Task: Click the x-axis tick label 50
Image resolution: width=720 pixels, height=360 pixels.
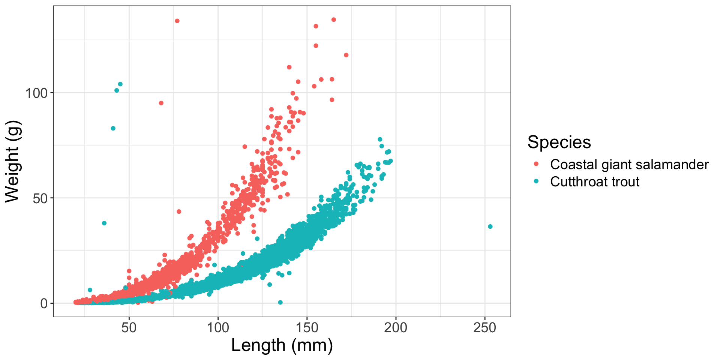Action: tap(129, 328)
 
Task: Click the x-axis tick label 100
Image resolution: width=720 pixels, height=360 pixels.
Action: tap(218, 328)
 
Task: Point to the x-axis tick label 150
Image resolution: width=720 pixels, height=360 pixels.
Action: tap(307, 328)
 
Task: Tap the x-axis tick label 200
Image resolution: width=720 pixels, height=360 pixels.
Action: tap(396, 328)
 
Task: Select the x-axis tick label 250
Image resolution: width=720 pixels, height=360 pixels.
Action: tap(484, 328)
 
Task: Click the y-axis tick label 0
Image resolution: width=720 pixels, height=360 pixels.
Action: tap(44, 303)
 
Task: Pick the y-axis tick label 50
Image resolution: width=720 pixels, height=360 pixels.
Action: tap(40, 198)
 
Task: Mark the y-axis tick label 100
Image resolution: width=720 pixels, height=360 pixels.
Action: tap(36, 93)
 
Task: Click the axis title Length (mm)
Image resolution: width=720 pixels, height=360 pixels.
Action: tap(282, 345)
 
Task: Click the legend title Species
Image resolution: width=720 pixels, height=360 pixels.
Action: tap(559, 142)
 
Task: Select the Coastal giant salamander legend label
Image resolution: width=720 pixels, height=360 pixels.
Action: tap(629, 165)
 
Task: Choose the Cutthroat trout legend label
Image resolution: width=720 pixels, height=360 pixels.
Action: tap(594, 182)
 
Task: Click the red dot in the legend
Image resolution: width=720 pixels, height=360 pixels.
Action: tap(536, 164)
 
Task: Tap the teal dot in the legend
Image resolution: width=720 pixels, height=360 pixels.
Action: tap(536, 181)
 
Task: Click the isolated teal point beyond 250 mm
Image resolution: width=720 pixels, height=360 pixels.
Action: tap(490, 226)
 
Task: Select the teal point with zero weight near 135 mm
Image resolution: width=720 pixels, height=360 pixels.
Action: tap(280, 302)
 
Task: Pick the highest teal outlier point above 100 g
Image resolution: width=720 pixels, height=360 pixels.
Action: tap(120, 84)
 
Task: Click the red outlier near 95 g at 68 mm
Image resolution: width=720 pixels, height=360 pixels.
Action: tap(161, 103)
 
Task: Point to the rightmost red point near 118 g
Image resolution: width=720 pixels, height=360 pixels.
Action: tap(346, 55)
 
